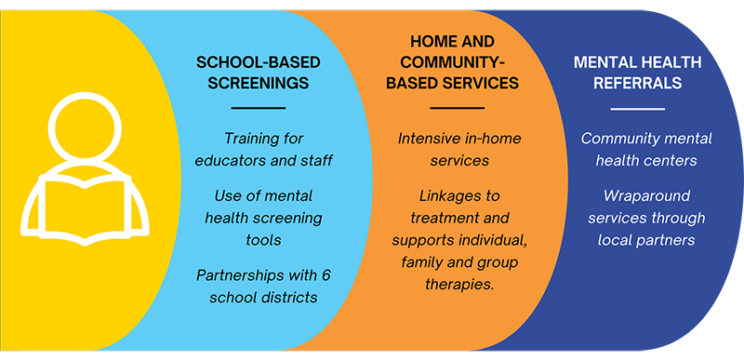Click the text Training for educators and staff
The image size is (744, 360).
point(263,149)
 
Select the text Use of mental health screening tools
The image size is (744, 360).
point(263,218)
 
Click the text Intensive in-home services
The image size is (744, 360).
point(458,149)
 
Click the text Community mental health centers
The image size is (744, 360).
point(646,149)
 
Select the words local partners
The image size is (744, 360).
point(646,240)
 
